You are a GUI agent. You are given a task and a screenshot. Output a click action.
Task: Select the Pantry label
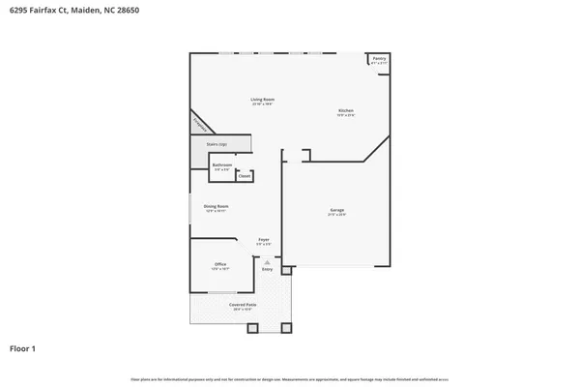(x=379, y=59)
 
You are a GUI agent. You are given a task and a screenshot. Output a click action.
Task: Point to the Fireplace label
(x=201, y=124)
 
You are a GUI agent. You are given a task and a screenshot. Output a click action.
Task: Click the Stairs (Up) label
(x=217, y=144)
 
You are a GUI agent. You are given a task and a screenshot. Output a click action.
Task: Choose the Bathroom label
(x=222, y=165)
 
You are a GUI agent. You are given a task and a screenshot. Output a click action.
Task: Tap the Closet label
(x=245, y=176)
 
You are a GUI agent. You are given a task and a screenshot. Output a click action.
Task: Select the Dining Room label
(x=216, y=206)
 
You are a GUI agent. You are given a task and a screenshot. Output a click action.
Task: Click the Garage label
(x=337, y=210)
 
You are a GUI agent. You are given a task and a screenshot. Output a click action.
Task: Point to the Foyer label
(x=263, y=239)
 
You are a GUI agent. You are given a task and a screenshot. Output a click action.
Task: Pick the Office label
(x=220, y=264)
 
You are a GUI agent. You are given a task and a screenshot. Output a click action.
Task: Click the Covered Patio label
(x=242, y=305)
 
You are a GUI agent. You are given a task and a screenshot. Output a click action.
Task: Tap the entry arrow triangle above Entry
(x=268, y=261)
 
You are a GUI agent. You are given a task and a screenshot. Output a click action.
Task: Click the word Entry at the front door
(x=268, y=269)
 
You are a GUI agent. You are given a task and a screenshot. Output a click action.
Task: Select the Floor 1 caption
(x=24, y=347)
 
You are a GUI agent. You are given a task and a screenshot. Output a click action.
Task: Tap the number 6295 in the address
(x=19, y=13)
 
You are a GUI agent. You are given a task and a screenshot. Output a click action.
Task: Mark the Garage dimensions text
(x=337, y=215)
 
